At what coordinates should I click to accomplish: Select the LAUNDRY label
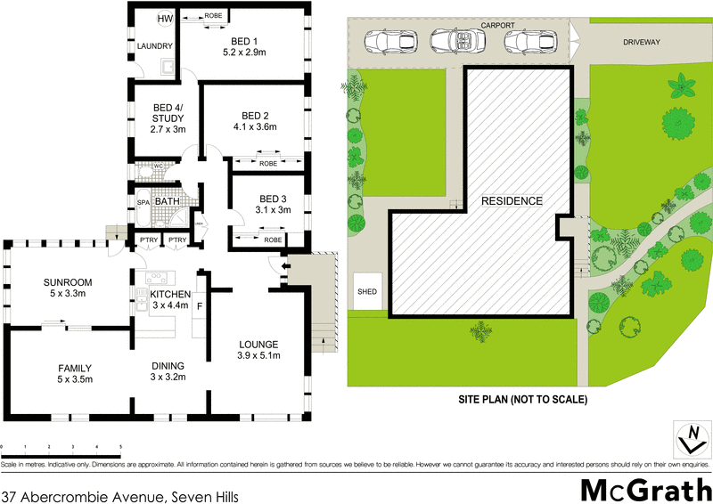tap(154, 45)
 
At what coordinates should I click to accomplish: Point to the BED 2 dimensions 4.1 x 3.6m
tap(255, 127)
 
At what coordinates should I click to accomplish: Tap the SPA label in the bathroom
tap(142, 203)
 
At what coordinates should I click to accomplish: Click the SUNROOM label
tap(68, 282)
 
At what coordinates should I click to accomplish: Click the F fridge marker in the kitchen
tap(200, 307)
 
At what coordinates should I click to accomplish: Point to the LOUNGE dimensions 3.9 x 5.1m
tap(258, 356)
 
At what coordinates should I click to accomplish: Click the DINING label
tap(167, 365)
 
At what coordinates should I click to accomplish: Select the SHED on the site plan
tap(367, 291)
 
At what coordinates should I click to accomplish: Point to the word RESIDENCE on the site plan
tap(512, 201)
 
